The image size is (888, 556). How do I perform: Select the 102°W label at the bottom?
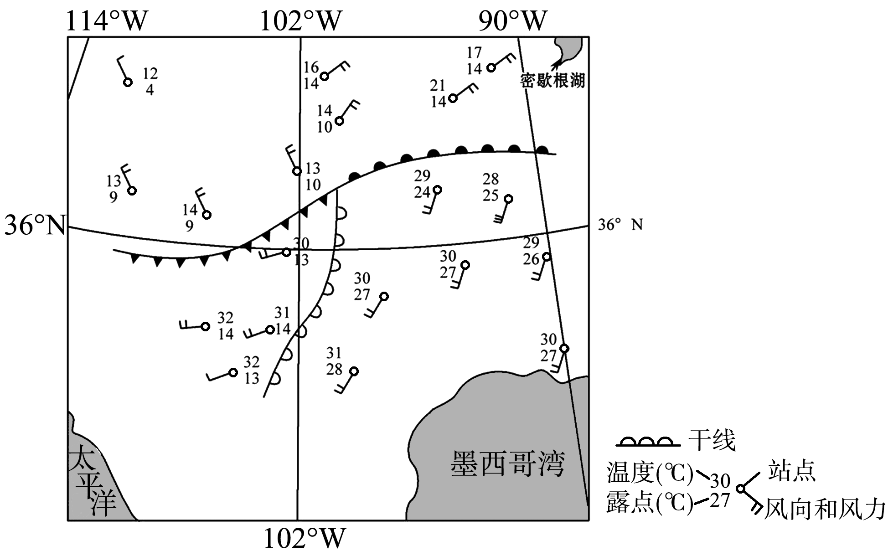click(x=304, y=539)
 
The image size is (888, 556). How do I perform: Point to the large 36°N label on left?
click(x=35, y=225)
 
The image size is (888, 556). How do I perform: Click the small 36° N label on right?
click(x=620, y=225)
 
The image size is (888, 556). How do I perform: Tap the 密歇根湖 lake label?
click(x=552, y=81)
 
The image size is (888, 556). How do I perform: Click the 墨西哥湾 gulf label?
click(x=508, y=463)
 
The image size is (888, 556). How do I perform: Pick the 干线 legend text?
click(x=712, y=440)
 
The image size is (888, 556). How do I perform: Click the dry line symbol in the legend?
click(x=648, y=442)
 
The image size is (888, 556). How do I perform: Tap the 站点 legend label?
click(x=791, y=470)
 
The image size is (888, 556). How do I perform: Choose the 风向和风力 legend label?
click(x=824, y=509)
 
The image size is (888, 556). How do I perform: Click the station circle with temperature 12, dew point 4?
click(x=128, y=82)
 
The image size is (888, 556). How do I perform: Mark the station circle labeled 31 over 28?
click(x=354, y=371)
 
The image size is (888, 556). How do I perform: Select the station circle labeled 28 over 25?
click(x=508, y=199)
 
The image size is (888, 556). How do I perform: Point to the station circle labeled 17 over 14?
click(x=491, y=67)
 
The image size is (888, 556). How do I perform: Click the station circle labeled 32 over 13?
click(x=233, y=372)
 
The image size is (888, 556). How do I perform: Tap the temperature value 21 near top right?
click(x=438, y=85)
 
